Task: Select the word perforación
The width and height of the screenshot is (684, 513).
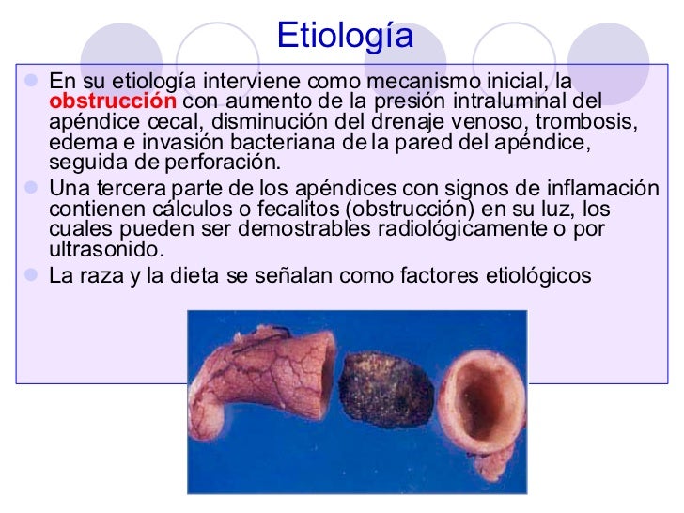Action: pyautogui.click(x=229, y=163)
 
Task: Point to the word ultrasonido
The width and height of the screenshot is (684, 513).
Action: pyautogui.click(x=105, y=250)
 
